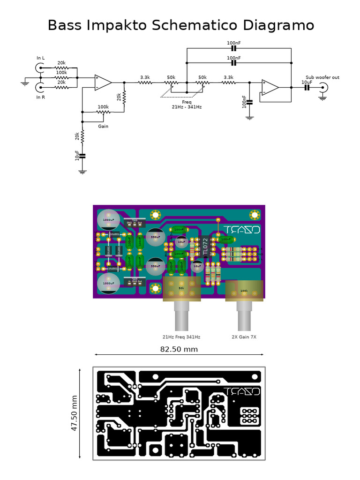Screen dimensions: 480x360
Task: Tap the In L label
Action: click(x=41, y=58)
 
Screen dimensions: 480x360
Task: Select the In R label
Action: click(x=41, y=97)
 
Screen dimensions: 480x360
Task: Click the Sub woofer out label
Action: click(x=322, y=77)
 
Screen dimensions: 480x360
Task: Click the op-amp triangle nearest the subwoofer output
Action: click(x=270, y=87)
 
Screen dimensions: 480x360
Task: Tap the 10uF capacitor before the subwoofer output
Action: click(x=307, y=87)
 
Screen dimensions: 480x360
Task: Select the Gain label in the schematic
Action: click(x=103, y=126)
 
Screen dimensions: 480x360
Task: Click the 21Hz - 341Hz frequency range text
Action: click(x=187, y=107)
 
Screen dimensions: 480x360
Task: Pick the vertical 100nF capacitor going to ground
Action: click(x=249, y=101)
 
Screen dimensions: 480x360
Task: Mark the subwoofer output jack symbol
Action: click(x=323, y=87)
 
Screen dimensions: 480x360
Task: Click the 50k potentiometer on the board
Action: click(x=181, y=288)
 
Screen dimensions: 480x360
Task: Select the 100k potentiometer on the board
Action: click(x=244, y=290)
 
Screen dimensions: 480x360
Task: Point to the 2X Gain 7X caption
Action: click(x=244, y=337)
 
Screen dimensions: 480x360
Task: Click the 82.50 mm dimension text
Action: click(x=179, y=349)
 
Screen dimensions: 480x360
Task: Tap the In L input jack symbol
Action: click(x=38, y=68)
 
